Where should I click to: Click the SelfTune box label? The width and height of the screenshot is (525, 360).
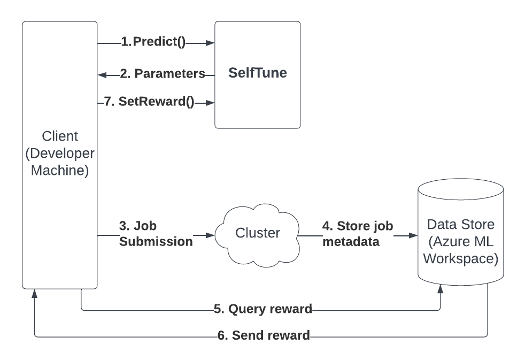click(x=257, y=73)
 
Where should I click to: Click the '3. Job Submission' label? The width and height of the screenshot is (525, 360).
click(x=156, y=234)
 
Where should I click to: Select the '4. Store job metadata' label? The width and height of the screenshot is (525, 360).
click(x=357, y=234)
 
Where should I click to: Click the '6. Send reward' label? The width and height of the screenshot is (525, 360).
click(x=264, y=336)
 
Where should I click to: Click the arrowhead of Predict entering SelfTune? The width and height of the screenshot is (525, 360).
click(x=211, y=43)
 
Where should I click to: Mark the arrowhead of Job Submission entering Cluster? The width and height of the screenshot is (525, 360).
click(x=211, y=235)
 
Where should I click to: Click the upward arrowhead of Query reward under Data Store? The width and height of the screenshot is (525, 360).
click(x=441, y=289)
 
